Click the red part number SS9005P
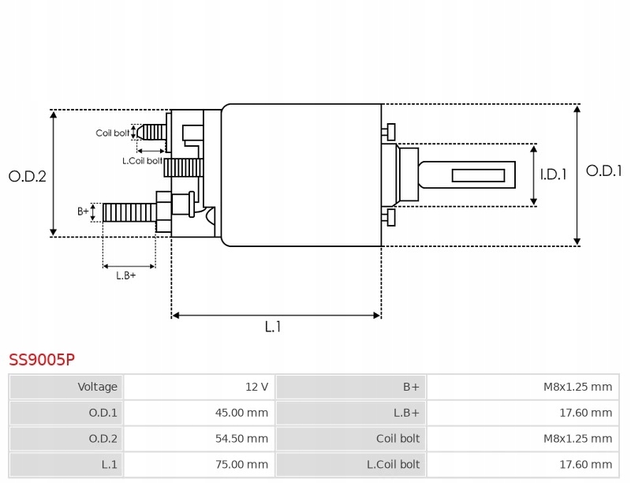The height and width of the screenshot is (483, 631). (42, 360)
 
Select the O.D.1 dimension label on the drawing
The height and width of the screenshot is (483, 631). (604, 170)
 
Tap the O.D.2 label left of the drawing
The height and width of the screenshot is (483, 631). (28, 176)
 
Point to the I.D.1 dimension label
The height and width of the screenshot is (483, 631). (553, 175)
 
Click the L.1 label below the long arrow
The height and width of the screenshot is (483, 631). (272, 327)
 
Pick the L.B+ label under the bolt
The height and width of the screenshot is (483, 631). (126, 275)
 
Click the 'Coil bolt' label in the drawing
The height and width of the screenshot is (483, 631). (112, 133)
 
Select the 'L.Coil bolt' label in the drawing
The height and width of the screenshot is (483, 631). (142, 160)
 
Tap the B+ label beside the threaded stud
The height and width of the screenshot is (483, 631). (83, 211)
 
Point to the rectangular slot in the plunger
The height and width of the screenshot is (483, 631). (478, 175)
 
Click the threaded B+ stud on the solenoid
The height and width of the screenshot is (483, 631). (129, 212)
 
